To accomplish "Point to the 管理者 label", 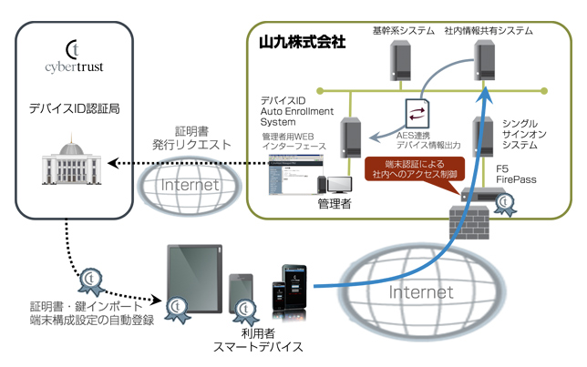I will [x=335, y=202].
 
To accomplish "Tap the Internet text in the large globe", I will [x=421, y=291].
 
